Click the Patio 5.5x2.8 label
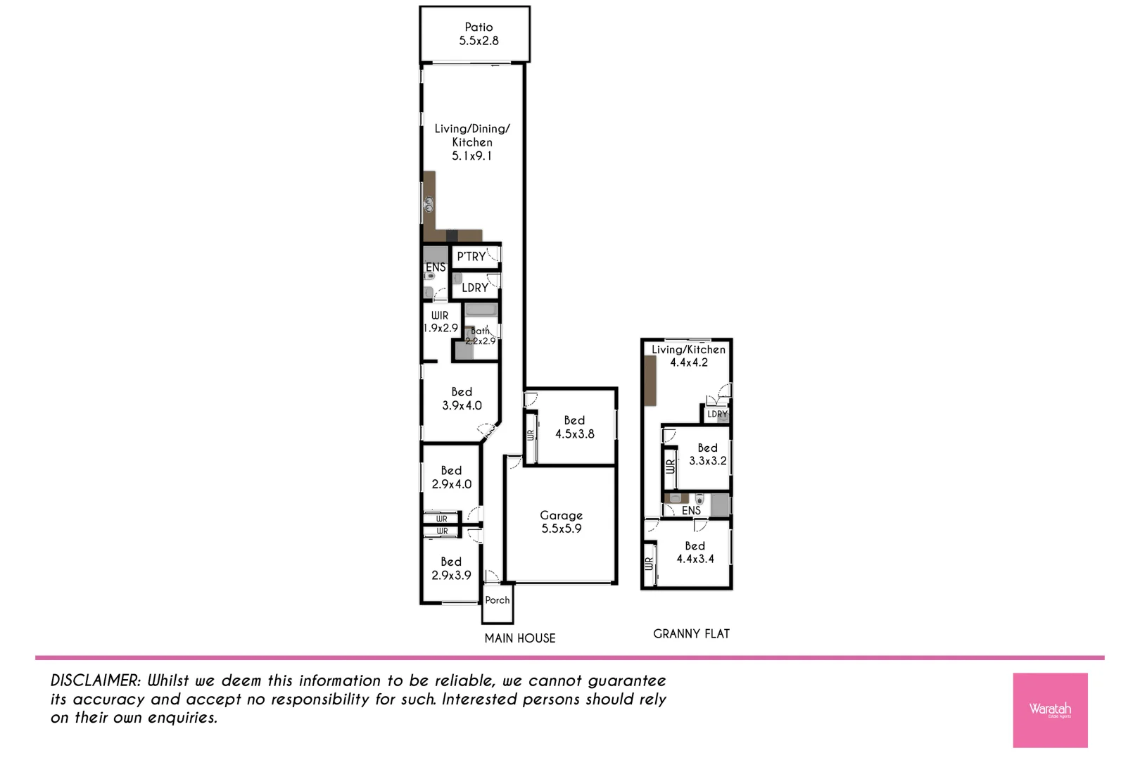click(479, 34)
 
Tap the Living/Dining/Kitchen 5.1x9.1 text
click(471, 142)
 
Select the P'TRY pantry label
click(471, 257)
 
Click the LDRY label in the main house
click(475, 288)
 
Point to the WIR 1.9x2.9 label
click(441, 322)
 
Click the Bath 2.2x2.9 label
click(481, 336)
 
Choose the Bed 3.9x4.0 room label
click(462, 399)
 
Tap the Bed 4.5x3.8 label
click(574, 427)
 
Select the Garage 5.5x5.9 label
click(561, 522)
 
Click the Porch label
click(497, 600)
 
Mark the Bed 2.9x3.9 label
click(451, 569)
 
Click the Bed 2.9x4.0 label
click(451, 477)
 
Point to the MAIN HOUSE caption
click(520, 638)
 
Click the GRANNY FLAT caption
click(691, 634)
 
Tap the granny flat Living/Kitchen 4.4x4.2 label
click(688, 356)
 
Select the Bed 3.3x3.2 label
click(707, 455)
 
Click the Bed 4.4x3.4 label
click(695, 552)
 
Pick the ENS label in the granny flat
click(691, 511)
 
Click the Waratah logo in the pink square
click(1050, 709)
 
